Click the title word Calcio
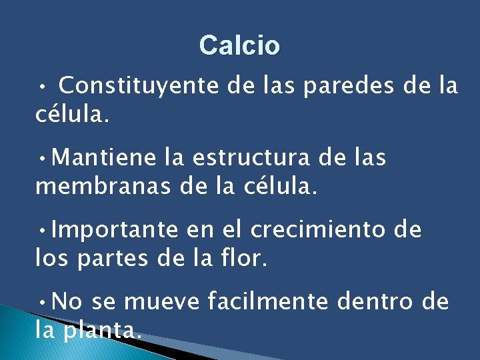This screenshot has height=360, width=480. click(x=239, y=46)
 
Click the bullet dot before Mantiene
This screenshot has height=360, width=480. click(x=42, y=159)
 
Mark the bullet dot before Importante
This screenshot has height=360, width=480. click(x=42, y=231)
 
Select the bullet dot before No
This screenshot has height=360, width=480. click(x=42, y=303)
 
